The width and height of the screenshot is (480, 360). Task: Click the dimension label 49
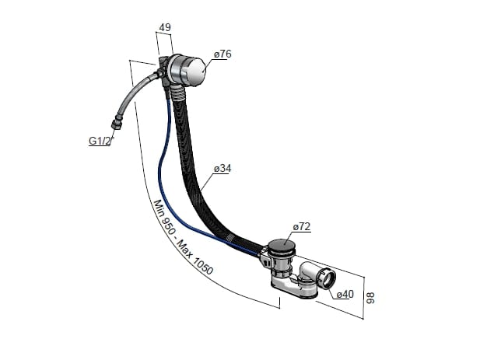(x=164, y=28)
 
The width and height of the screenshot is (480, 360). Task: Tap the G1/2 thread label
(x=98, y=141)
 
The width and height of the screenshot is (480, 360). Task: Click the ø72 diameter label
(x=301, y=226)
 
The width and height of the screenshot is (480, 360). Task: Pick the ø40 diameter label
(x=345, y=294)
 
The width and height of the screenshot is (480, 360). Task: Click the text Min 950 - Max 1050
(x=183, y=236)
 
